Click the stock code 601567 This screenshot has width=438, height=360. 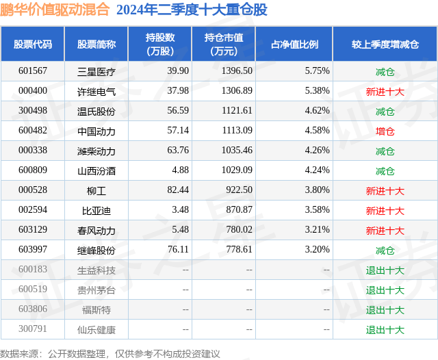tap(32, 71)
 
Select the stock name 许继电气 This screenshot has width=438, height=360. tap(96, 91)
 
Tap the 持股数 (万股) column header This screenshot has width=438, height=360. tap(159, 44)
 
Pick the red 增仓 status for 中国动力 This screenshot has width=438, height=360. tap(385, 131)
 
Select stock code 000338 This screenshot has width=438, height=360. tap(32, 151)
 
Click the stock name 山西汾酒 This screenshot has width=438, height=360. tap(96, 170)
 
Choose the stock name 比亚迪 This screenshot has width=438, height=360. tap(96, 210)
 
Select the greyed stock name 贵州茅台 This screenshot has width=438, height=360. tap(96, 290)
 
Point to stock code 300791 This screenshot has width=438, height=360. tap(32, 329)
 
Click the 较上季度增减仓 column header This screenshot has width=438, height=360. tap(385, 44)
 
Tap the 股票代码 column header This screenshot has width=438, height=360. tap(32, 44)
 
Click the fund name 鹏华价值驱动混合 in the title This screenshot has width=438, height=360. tap(55, 10)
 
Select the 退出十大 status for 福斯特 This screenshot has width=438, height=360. tap(385, 309)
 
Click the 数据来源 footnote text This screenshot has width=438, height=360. tap(109, 353)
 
